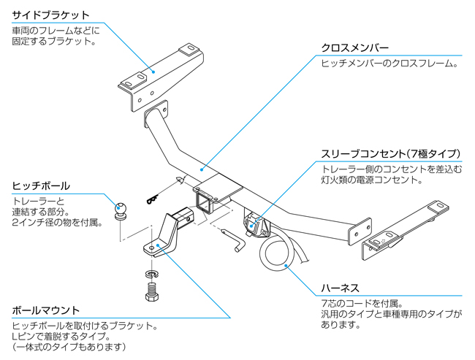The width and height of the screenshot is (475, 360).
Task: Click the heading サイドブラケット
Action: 50,15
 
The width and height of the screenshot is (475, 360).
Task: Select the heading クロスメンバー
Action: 354,48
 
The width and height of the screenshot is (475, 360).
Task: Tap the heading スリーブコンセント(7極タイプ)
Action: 391,154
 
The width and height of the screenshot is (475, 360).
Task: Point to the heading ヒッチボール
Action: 41,186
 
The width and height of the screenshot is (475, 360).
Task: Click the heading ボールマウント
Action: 46,310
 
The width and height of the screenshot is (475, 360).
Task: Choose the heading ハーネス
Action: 340,288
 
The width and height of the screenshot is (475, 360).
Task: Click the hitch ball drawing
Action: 121,211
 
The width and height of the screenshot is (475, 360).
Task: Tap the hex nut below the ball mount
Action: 152,296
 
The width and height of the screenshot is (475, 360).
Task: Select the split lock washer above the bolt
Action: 153,275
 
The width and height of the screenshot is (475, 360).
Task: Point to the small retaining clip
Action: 153,199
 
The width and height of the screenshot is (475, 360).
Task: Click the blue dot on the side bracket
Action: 153,72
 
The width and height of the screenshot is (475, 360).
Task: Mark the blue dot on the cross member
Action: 202,169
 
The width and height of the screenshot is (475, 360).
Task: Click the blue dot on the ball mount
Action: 158,246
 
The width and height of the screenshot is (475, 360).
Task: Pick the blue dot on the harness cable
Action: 286,266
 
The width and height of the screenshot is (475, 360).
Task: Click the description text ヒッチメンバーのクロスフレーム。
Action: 390,64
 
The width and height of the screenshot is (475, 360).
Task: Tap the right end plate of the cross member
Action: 360,231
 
